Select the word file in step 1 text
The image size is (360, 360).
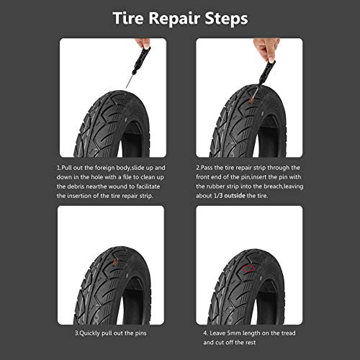click(x=125, y=175)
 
